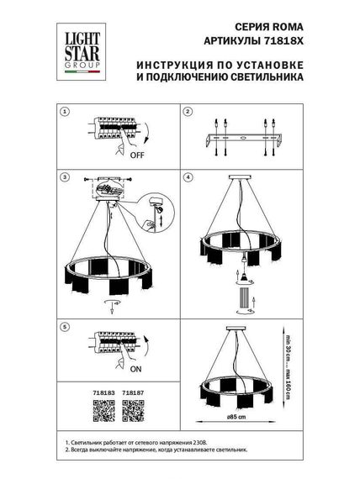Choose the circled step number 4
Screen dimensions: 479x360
(x=188, y=178)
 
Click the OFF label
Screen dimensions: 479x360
(x=136, y=155)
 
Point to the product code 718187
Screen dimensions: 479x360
(x=132, y=391)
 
